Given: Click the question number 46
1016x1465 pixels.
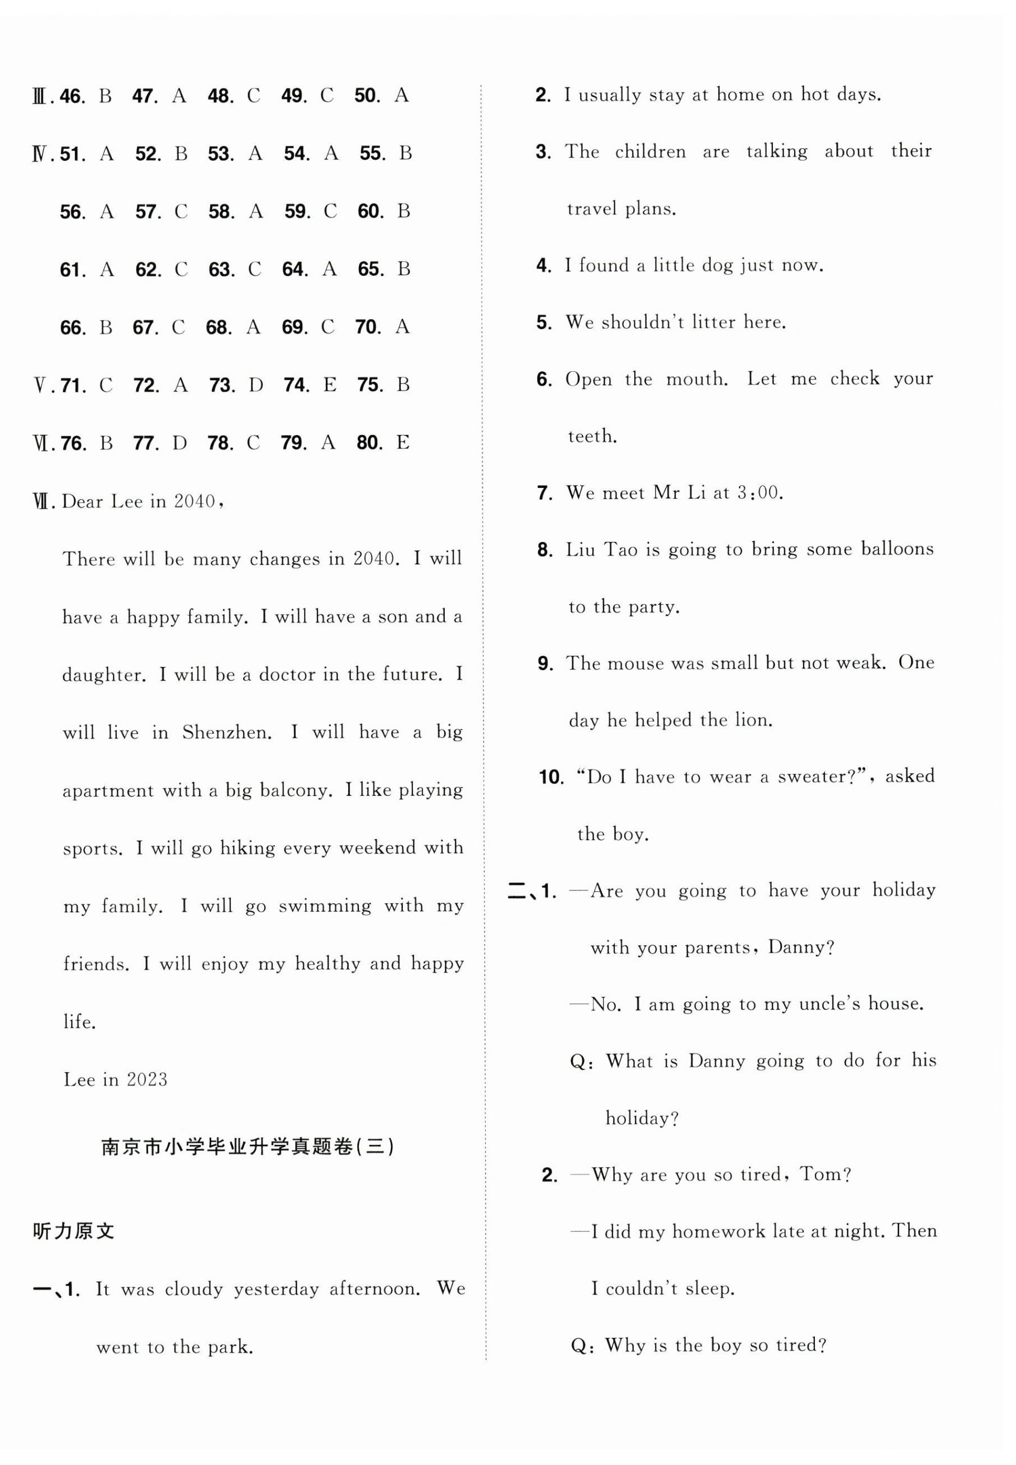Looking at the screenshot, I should tap(72, 97).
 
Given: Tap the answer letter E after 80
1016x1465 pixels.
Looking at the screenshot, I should tap(402, 443).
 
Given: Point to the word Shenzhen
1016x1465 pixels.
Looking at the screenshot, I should tap(227, 733).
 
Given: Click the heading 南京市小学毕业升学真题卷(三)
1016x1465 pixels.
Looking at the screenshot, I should tap(248, 1148).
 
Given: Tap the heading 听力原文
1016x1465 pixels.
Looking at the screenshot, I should tap(73, 1232).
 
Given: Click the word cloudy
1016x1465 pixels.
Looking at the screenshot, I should tap(193, 1290).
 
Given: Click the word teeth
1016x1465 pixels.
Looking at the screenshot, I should tap(592, 437).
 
